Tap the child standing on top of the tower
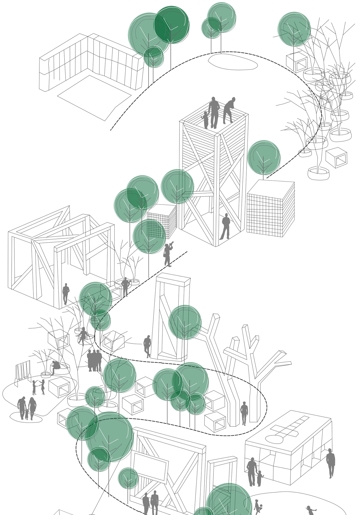tap(205, 119)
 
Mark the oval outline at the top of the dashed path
tap(232, 62)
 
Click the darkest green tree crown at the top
tap(172, 24)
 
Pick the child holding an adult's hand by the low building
tap(260, 478)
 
